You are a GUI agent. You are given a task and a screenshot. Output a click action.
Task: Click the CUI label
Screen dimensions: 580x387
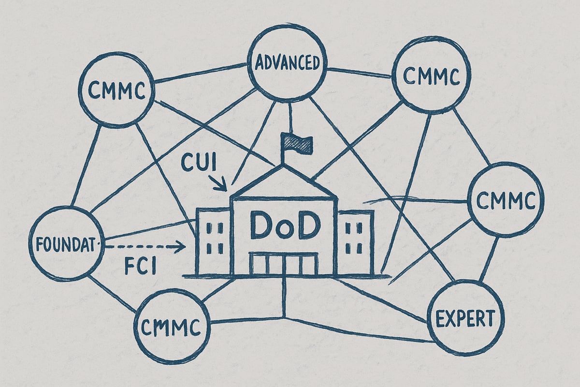(x=199, y=163)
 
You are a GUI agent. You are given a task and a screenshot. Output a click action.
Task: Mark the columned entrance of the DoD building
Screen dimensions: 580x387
(x=284, y=263)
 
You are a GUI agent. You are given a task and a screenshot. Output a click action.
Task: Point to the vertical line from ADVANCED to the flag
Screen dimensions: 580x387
(x=291, y=118)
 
